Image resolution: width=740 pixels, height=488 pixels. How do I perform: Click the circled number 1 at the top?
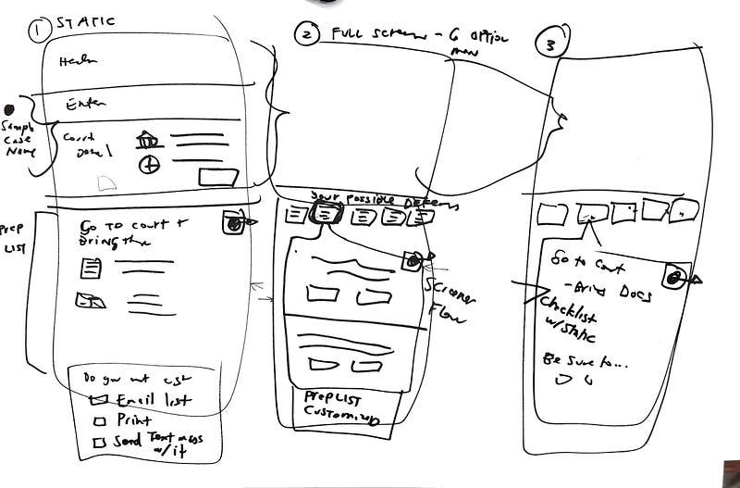point(39,31)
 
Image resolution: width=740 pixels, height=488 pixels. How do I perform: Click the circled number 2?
point(306,35)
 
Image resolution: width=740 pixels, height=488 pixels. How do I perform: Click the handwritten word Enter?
point(84,105)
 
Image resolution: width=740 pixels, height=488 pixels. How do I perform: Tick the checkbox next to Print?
point(99,421)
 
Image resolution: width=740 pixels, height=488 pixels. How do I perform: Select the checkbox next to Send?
point(99,443)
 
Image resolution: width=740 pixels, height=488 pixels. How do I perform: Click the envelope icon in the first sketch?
point(91,299)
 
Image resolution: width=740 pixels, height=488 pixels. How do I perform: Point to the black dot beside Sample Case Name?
point(7,108)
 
